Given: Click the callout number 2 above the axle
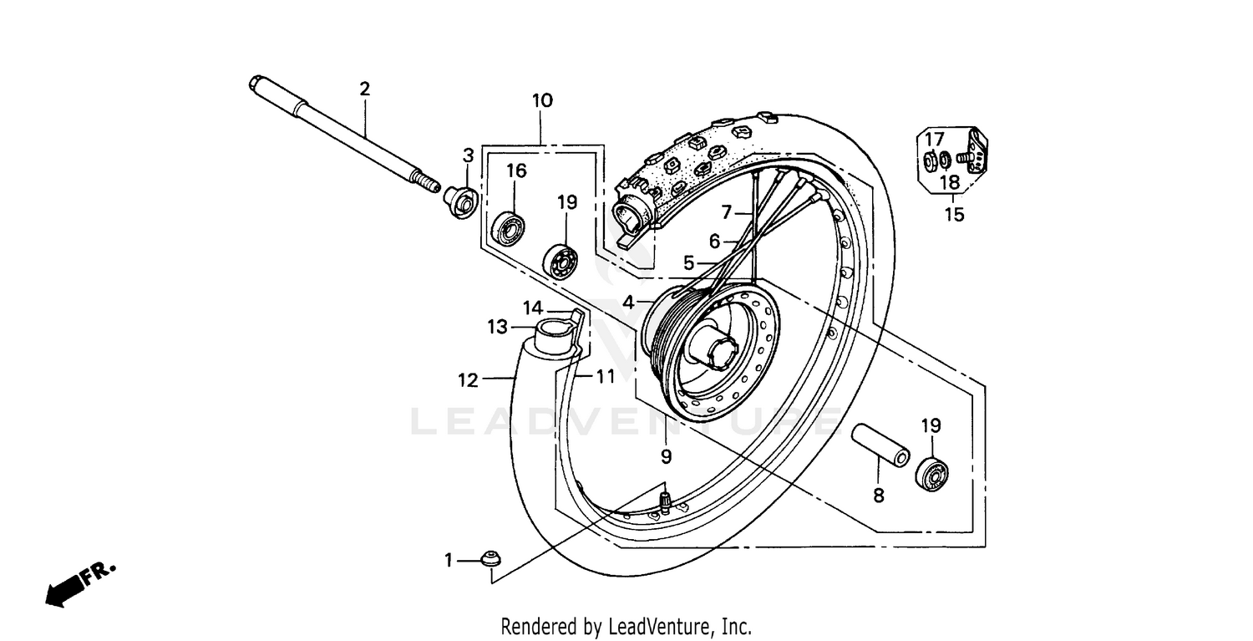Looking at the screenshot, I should (364, 89).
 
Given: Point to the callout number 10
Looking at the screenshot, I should (541, 101).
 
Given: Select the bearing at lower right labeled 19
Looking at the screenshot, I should (932, 474).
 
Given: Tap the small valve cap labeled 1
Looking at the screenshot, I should (490, 559).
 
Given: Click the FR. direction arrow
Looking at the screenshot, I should (79, 582).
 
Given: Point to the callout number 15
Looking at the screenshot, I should (954, 215).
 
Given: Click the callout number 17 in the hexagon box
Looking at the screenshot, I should (934, 139).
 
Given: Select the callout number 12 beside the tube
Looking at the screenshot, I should (468, 380).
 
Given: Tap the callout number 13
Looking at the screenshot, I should (498, 327).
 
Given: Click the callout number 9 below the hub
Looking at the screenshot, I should (666, 456).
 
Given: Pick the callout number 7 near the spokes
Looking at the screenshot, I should (727, 211).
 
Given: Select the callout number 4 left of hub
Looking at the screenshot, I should (627, 301).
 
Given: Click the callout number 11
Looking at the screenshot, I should (606, 377).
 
